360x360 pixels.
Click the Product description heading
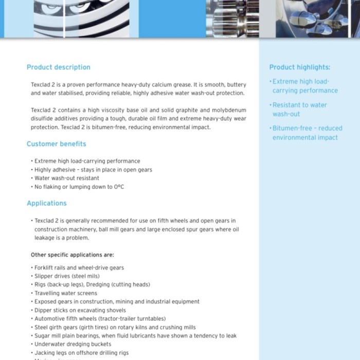tap(58, 67)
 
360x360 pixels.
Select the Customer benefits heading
tap(56, 144)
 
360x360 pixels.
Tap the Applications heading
tap(46, 203)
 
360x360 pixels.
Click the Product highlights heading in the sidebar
tap(299, 67)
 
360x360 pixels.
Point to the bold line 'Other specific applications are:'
tap(72, 255)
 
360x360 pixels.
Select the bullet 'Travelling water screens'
tap(65, 293)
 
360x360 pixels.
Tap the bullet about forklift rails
tap(79, 268)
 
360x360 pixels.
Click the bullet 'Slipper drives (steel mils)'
tap(67, 276)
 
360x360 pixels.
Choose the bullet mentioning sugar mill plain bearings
tap(135, 336)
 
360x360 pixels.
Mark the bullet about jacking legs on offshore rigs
tap(81, 353)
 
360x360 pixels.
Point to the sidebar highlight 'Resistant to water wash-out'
tap(299, 110)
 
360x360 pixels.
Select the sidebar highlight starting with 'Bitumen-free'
tap(307, 133)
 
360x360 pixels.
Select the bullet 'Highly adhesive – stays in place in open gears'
tap(93, 170)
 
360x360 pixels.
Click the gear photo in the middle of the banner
tap(232, 19)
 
